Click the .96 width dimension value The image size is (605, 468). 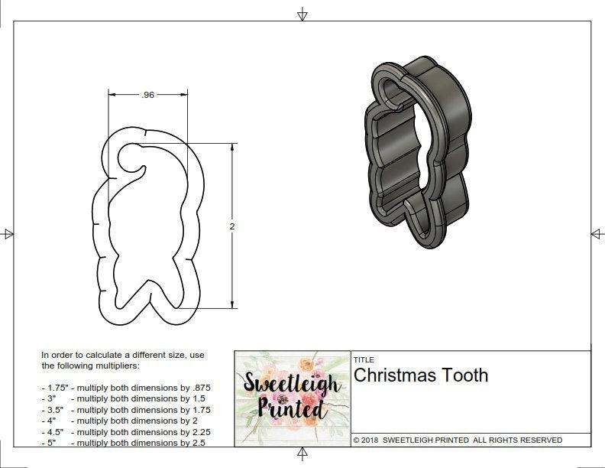[148, 95]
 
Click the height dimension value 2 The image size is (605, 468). [232, 226]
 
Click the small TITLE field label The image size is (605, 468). [363, 359]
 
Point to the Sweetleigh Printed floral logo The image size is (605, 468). [291, 396]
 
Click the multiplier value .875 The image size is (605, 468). [199, 388]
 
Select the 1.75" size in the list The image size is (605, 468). [54, 388]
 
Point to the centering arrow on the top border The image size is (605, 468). [302, 14]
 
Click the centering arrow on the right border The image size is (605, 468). [597, 233]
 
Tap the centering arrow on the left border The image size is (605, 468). [8, 233]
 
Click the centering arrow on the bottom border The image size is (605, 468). [302, 456]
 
